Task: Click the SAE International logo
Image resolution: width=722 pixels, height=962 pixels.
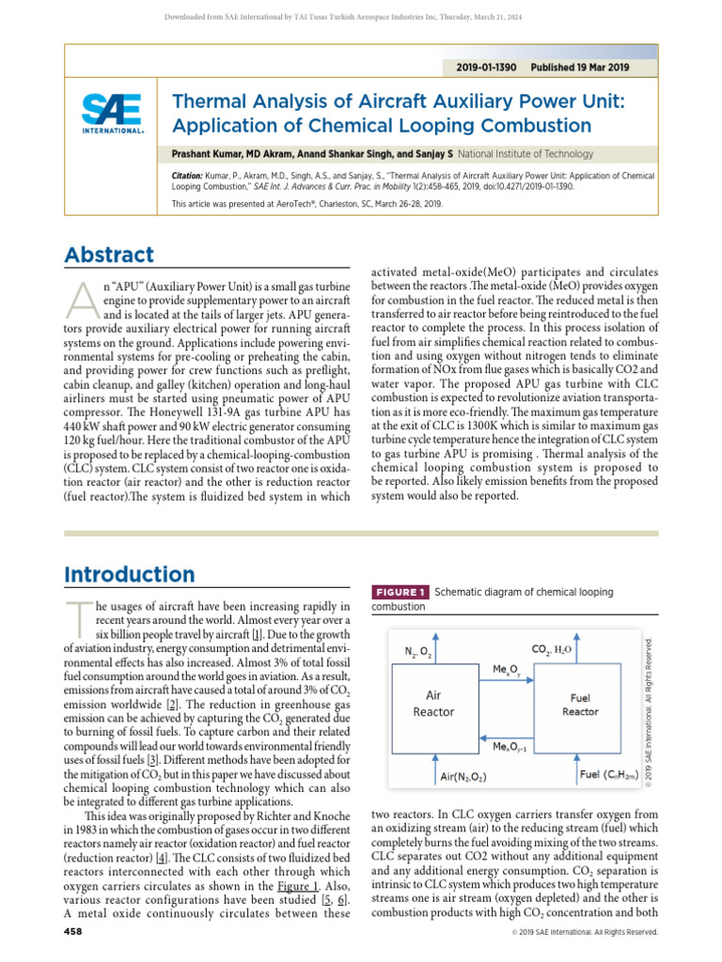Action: click(x=111, y=114)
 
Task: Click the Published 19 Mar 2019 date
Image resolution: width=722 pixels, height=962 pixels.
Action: click(x=580, y=68)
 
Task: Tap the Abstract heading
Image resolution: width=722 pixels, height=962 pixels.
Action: click(x=109, y=255)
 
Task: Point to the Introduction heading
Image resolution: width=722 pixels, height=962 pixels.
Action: click(x=129, y=574)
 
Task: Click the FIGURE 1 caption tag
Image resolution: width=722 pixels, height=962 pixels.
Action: click(x=401, y=592)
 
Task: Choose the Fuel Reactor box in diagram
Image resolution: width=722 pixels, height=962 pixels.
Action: click(x=580, y=705)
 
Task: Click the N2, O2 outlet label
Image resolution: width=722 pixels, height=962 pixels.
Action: click(x=418, y=650)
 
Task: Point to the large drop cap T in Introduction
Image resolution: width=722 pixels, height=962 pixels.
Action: click(x=79, y=620)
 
